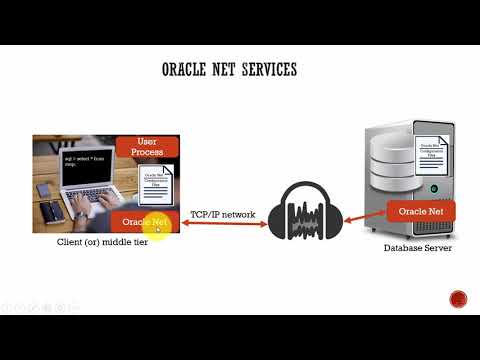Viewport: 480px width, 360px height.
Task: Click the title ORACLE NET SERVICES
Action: [x=229, y=70]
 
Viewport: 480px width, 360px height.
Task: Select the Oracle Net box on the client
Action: [x=144, y=220]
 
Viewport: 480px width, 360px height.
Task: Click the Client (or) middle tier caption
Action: [x=103, y=243]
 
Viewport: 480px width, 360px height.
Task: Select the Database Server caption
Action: [x=418, y=247]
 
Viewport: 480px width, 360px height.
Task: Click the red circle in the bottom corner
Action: [x=458, y=299]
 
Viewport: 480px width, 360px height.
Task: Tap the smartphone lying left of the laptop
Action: [x=45, y=190]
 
